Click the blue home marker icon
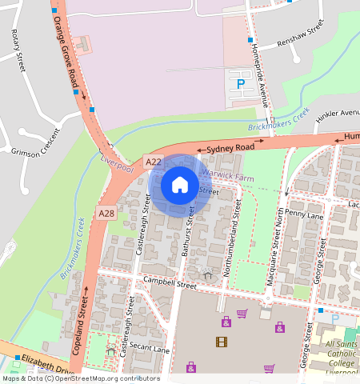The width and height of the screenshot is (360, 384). tap(180, 186)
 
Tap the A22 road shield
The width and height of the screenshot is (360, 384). tap(154, 162)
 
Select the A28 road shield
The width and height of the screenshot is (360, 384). tap(106, 213)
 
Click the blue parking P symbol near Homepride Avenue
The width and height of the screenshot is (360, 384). tap(240, 82)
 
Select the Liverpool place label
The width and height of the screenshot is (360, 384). tap(114, 159)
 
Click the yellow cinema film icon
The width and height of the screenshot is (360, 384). tap(221, 342)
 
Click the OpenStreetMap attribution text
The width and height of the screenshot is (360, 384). tap(80, 378)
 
